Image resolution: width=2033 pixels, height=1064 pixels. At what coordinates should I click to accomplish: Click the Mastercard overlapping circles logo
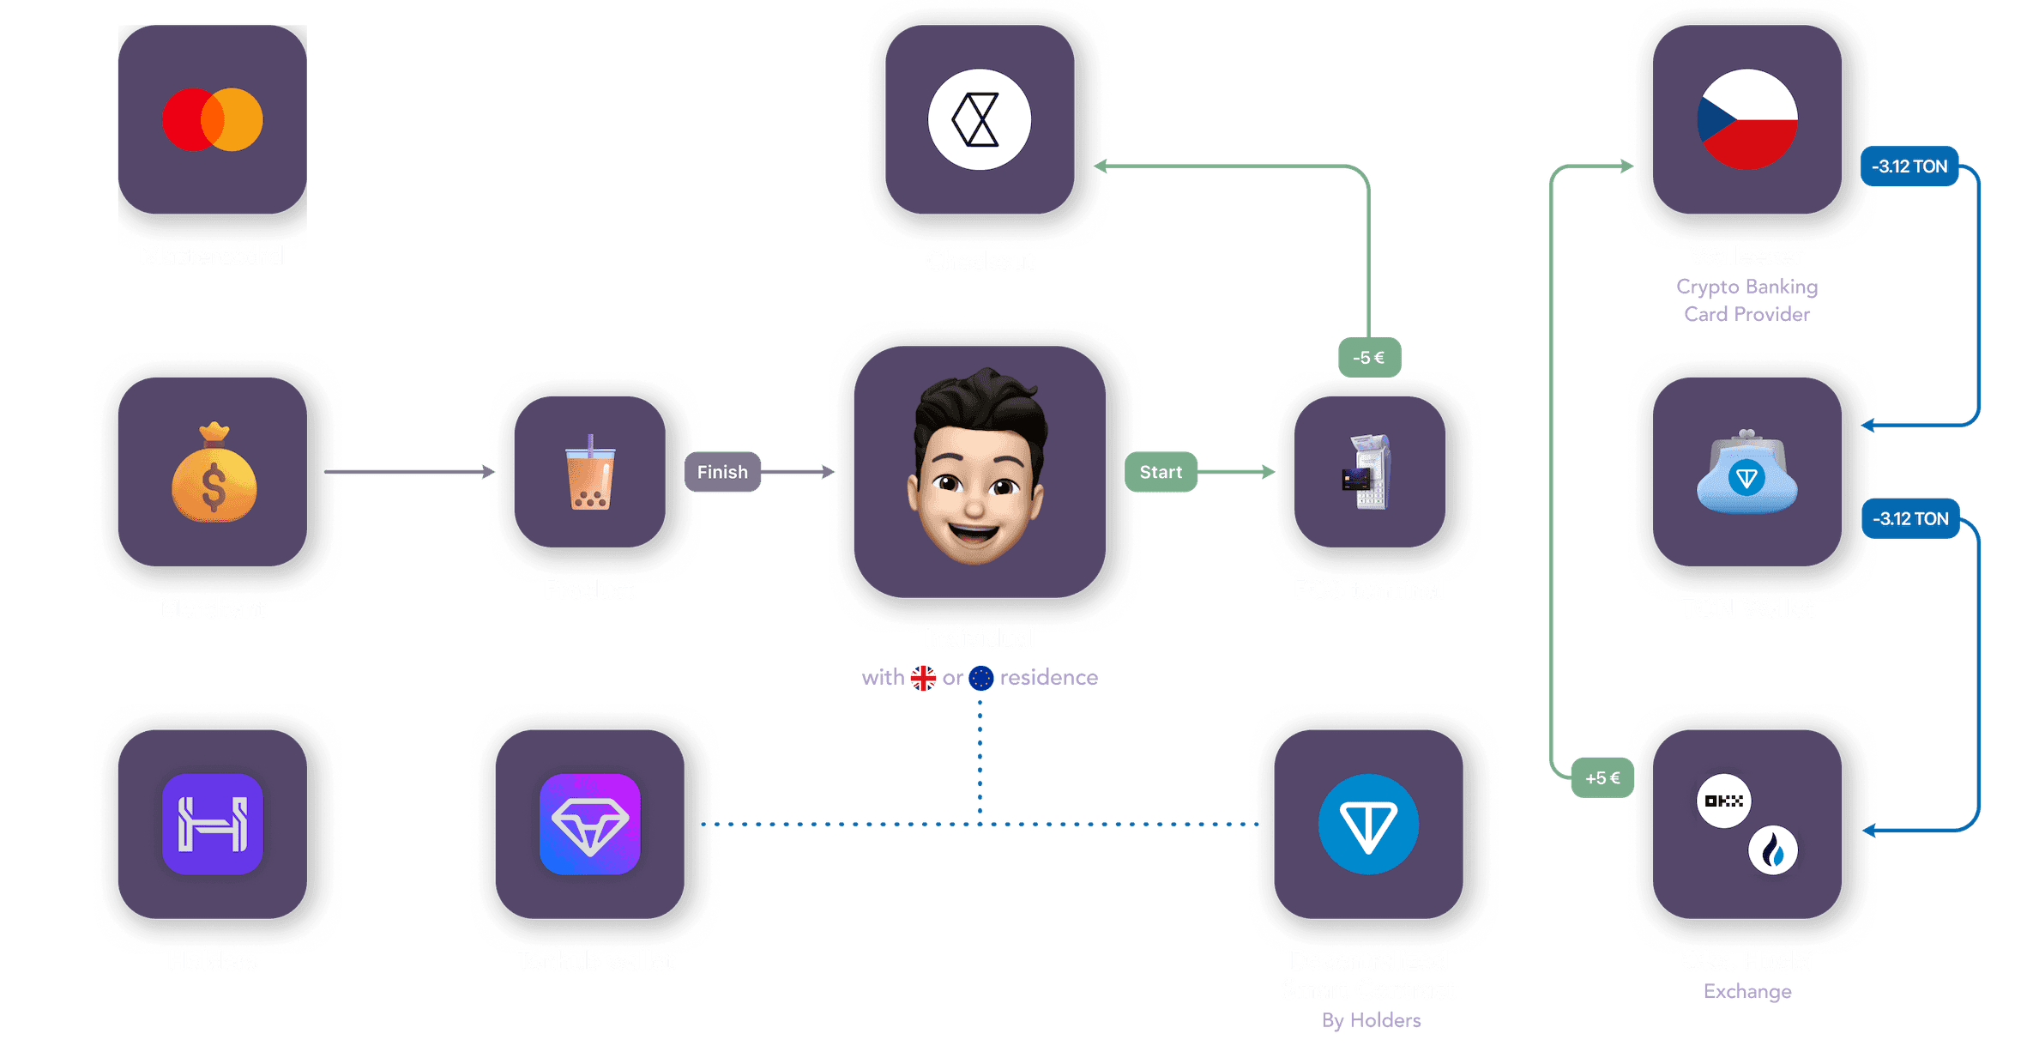pyautogui.click(x=213, y=119)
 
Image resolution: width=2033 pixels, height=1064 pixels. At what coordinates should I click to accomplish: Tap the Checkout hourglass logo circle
pyautogui.click(x=979, y=119)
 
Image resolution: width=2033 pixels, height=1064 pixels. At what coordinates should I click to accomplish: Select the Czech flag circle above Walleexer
pyautogui.click(x=1746, y=119)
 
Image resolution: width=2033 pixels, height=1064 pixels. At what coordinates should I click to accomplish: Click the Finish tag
pyautogui.click(x=722, y=472)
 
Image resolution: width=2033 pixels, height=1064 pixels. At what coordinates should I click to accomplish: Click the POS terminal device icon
pyautogui.click(x=1368, y=473)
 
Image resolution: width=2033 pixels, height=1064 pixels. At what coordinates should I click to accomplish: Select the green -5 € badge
pyautogui.click(x=1369, y=358)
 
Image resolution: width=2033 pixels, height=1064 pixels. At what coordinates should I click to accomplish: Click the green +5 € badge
pyautogui.click(x=1602, y=778)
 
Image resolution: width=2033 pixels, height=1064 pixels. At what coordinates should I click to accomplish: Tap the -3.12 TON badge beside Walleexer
pyautogui.click(x=1909, y=166)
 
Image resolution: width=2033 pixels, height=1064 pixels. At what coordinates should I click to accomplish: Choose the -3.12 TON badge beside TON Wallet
pyautogui.click(x=1910, y=518)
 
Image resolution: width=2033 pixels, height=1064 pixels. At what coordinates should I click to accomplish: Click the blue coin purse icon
pyautogui.click(x=1746, y=475)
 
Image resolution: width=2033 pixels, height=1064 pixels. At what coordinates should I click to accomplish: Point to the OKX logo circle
pyautogui.click(x=1723, y=801)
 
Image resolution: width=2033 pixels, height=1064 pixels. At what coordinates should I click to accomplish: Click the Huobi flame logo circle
pyautogui.click(x=1773, y=850)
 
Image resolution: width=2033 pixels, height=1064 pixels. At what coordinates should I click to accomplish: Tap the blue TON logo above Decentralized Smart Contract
pyautogui.click(x=1368, y=824)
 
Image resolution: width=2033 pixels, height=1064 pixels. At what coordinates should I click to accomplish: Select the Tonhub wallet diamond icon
pyautogui.click(x=590, y=824)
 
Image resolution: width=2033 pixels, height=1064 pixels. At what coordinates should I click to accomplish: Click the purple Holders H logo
pyautogui.click(x=213, y=824)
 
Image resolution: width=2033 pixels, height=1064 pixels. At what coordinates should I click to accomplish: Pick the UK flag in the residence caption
pyautogui.click(x=923, y=678)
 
